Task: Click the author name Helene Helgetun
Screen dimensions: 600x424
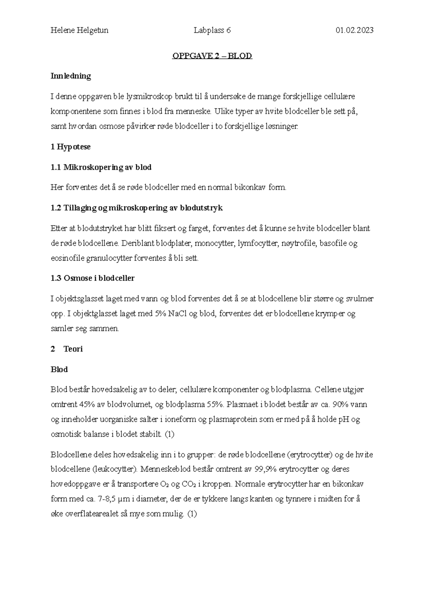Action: point(79,30)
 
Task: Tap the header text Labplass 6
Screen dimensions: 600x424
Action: point(212,30)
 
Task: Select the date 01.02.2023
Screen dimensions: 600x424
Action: point(354,30)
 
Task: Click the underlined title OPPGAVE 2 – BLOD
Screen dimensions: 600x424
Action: point(212,56)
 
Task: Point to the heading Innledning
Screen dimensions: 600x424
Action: point(71,76)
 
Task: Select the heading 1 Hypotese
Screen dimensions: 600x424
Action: point(71,147)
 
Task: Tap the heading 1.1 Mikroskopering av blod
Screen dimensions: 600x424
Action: point(101,167)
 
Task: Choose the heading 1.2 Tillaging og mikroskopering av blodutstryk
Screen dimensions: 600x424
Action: point(137,208)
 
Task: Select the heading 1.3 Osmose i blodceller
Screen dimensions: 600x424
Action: point(93,278)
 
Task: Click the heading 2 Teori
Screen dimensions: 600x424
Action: point(67,349)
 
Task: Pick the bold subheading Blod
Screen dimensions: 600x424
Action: point(59,370)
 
